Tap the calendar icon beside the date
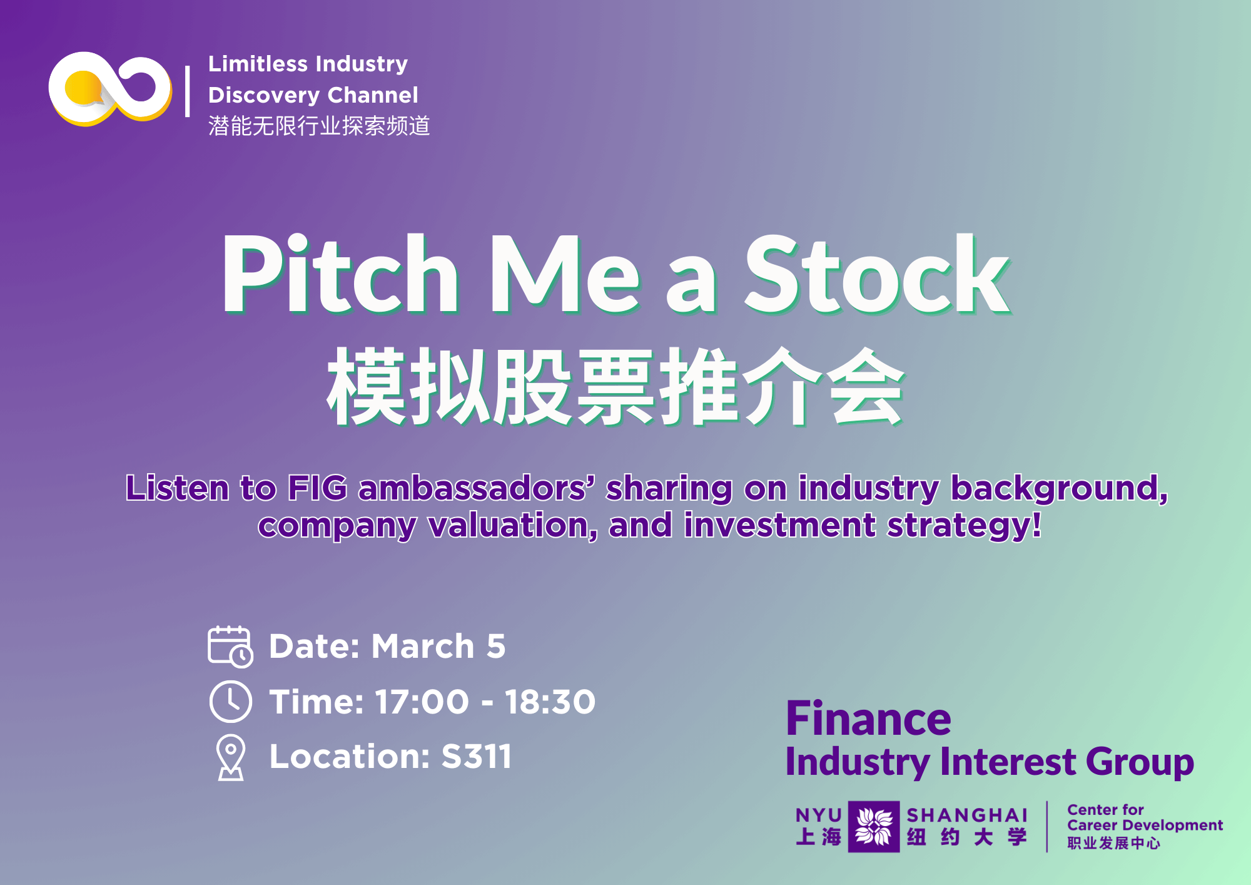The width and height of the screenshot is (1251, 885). pos(230,647)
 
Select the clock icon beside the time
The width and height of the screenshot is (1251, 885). pos(230,702)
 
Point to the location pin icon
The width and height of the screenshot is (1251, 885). pos(231,757)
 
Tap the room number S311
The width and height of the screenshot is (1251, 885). pos(477,756)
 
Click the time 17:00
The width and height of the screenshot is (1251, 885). pos(422,702)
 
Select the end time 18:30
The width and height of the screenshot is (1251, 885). pos(550,702)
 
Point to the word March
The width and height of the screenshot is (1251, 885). pos(423,646)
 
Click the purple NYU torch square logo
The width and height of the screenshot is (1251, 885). pos(874,826)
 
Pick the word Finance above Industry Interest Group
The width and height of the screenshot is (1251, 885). pos(868,719)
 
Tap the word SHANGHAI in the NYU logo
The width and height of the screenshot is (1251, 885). pos(967,816)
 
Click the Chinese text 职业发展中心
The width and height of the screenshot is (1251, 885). pos(1114,843)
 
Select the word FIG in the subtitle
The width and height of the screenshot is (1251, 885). pos(317,488)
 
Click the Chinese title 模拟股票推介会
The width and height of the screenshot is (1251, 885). pos(615,386)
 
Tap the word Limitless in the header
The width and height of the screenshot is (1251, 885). pos(258,64)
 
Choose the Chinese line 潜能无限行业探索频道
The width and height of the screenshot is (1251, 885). pos(319,126)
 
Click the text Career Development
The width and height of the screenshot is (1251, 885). pos(1145,826)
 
